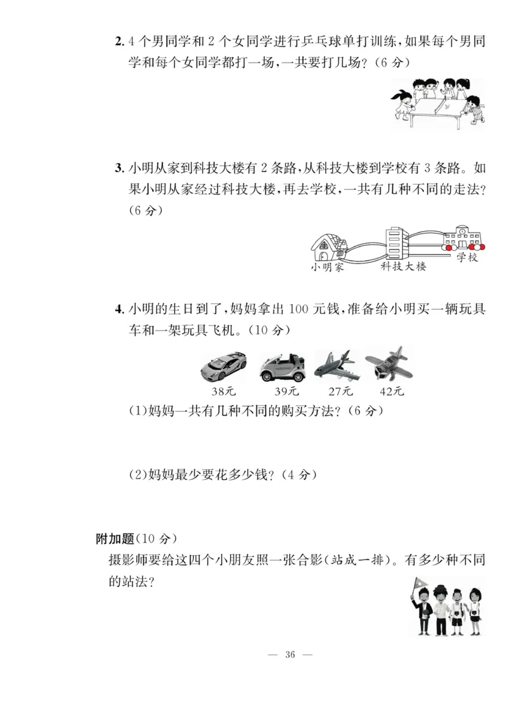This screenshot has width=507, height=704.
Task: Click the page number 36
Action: (x=291, y=654)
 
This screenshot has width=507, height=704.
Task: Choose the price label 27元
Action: (x=335, y=391)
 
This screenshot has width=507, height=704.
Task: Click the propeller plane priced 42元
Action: (x=388, y=364)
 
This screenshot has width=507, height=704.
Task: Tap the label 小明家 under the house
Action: (x=327, y=267)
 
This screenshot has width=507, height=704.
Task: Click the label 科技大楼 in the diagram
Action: (x=404, y=267)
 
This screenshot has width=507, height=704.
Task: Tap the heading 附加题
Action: (x=115, y=539)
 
